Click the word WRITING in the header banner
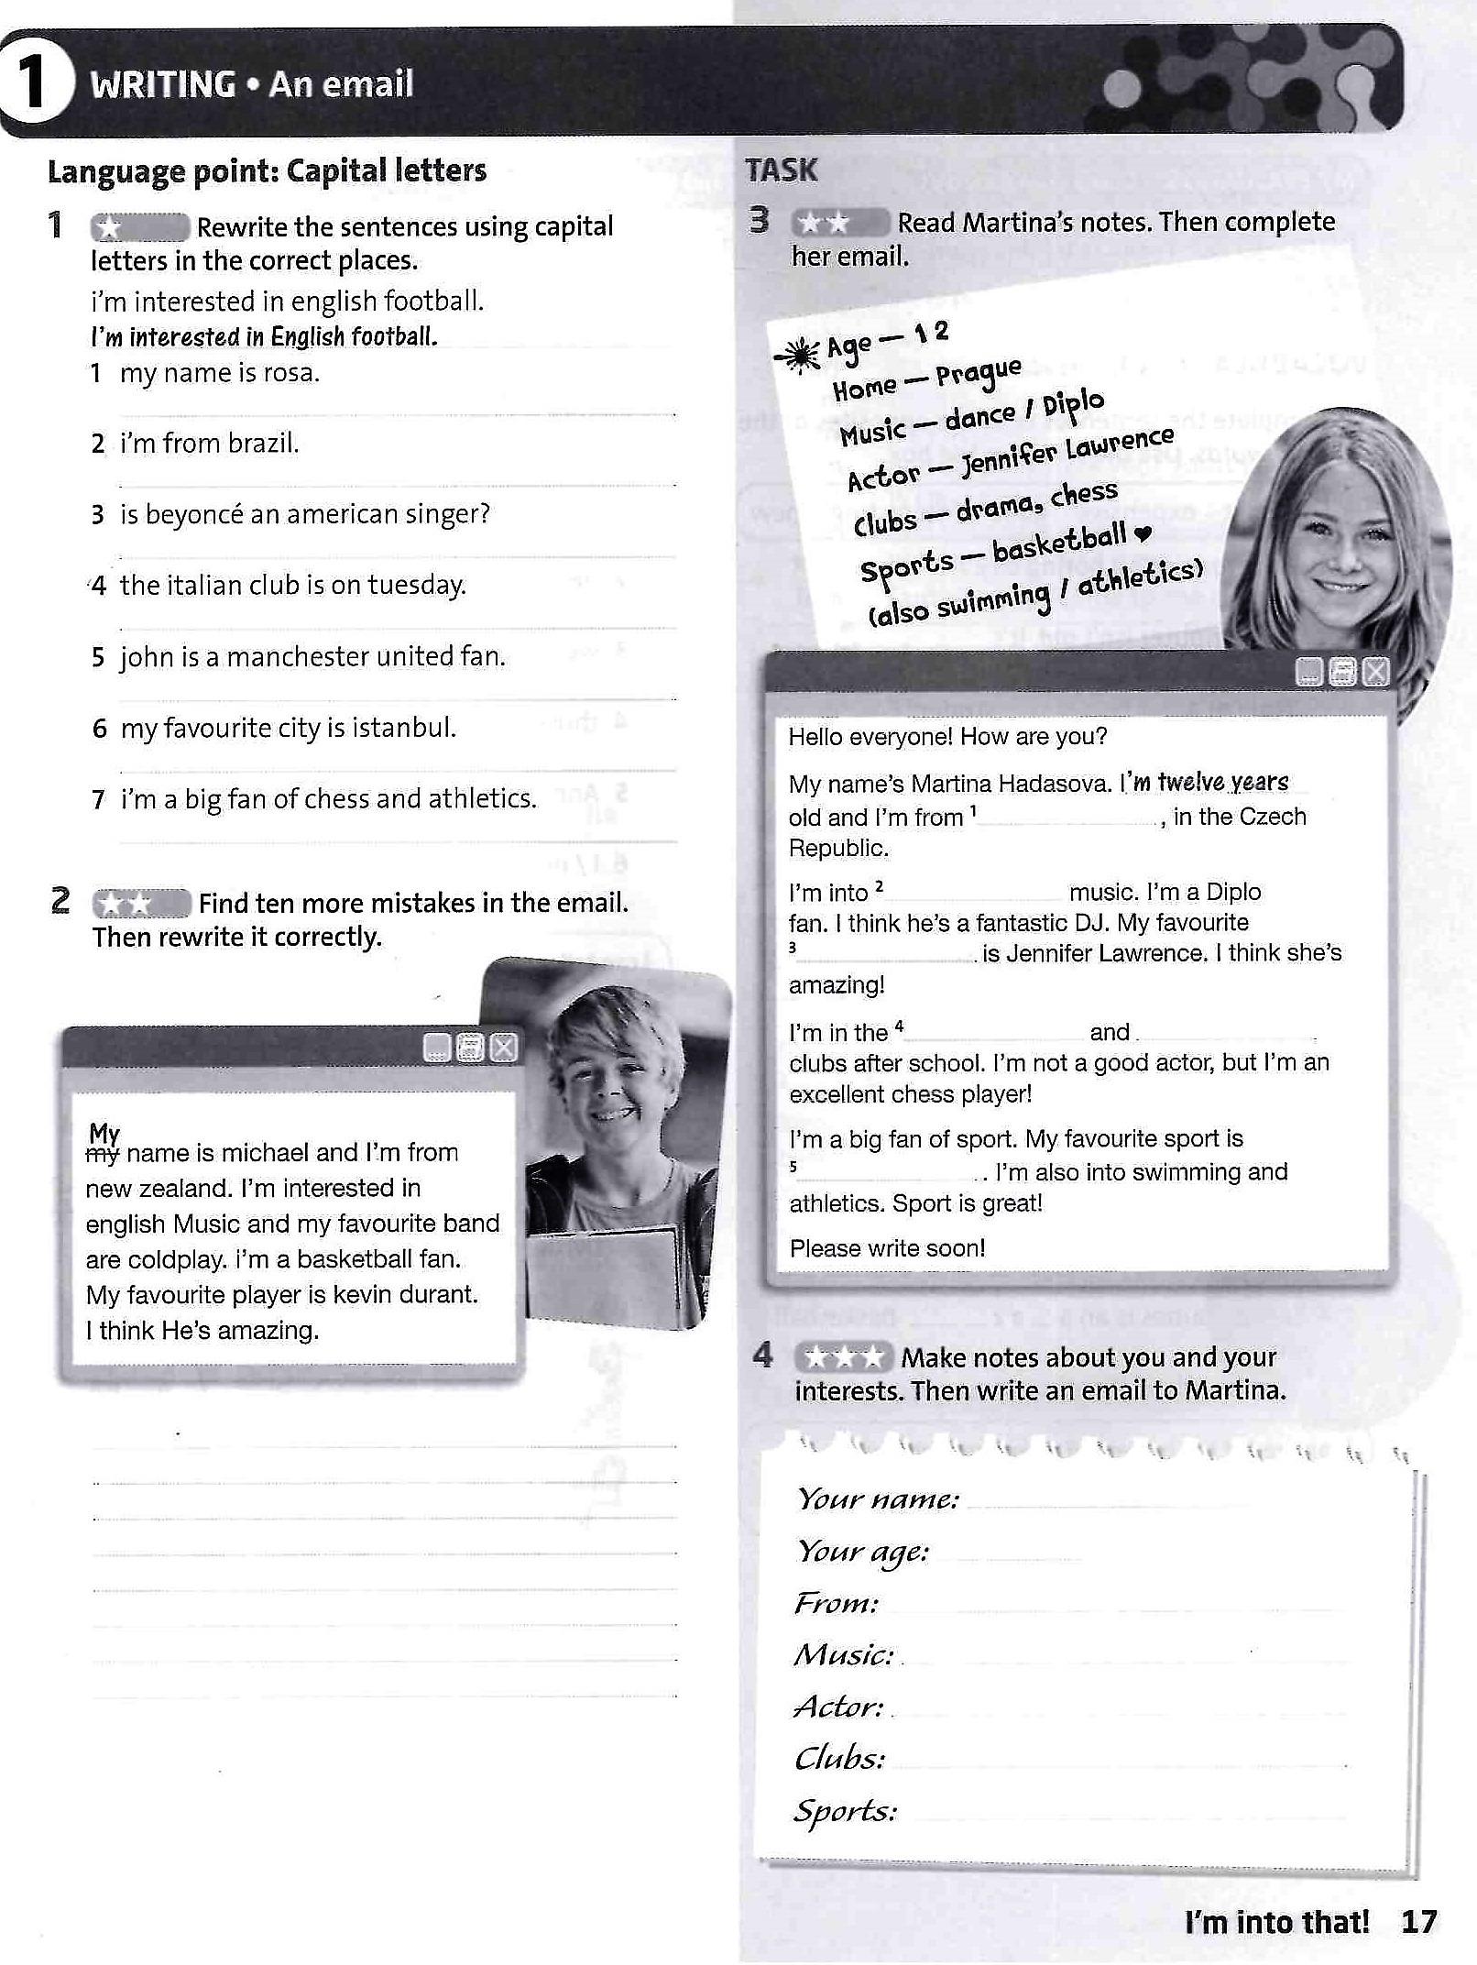(x=163, y=85)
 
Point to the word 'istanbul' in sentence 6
(x=411, y=729)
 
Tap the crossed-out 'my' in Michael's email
(x=103, y=1155)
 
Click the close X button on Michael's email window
(x=503, y=1048)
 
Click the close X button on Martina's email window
(x=1375, y=673)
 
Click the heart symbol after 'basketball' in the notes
(x=1142, y=533)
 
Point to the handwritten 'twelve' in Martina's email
(x=1190, y=783)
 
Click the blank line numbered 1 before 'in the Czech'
(x=1067, y=819)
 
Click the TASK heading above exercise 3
(x=781, y=170)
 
